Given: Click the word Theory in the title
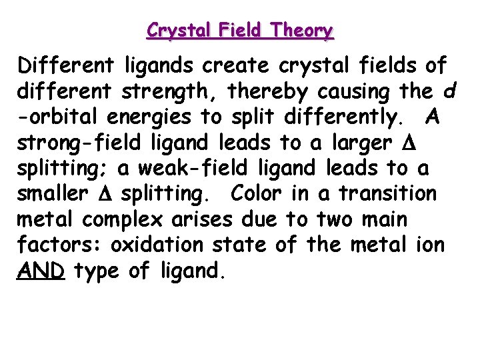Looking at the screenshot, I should [x=303, y=31].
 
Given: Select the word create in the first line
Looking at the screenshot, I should [x=237, y=66].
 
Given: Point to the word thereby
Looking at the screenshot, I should [x=261, y=91].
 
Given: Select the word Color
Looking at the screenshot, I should [x=255, y=194].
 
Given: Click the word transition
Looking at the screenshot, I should [x=387, y=194].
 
